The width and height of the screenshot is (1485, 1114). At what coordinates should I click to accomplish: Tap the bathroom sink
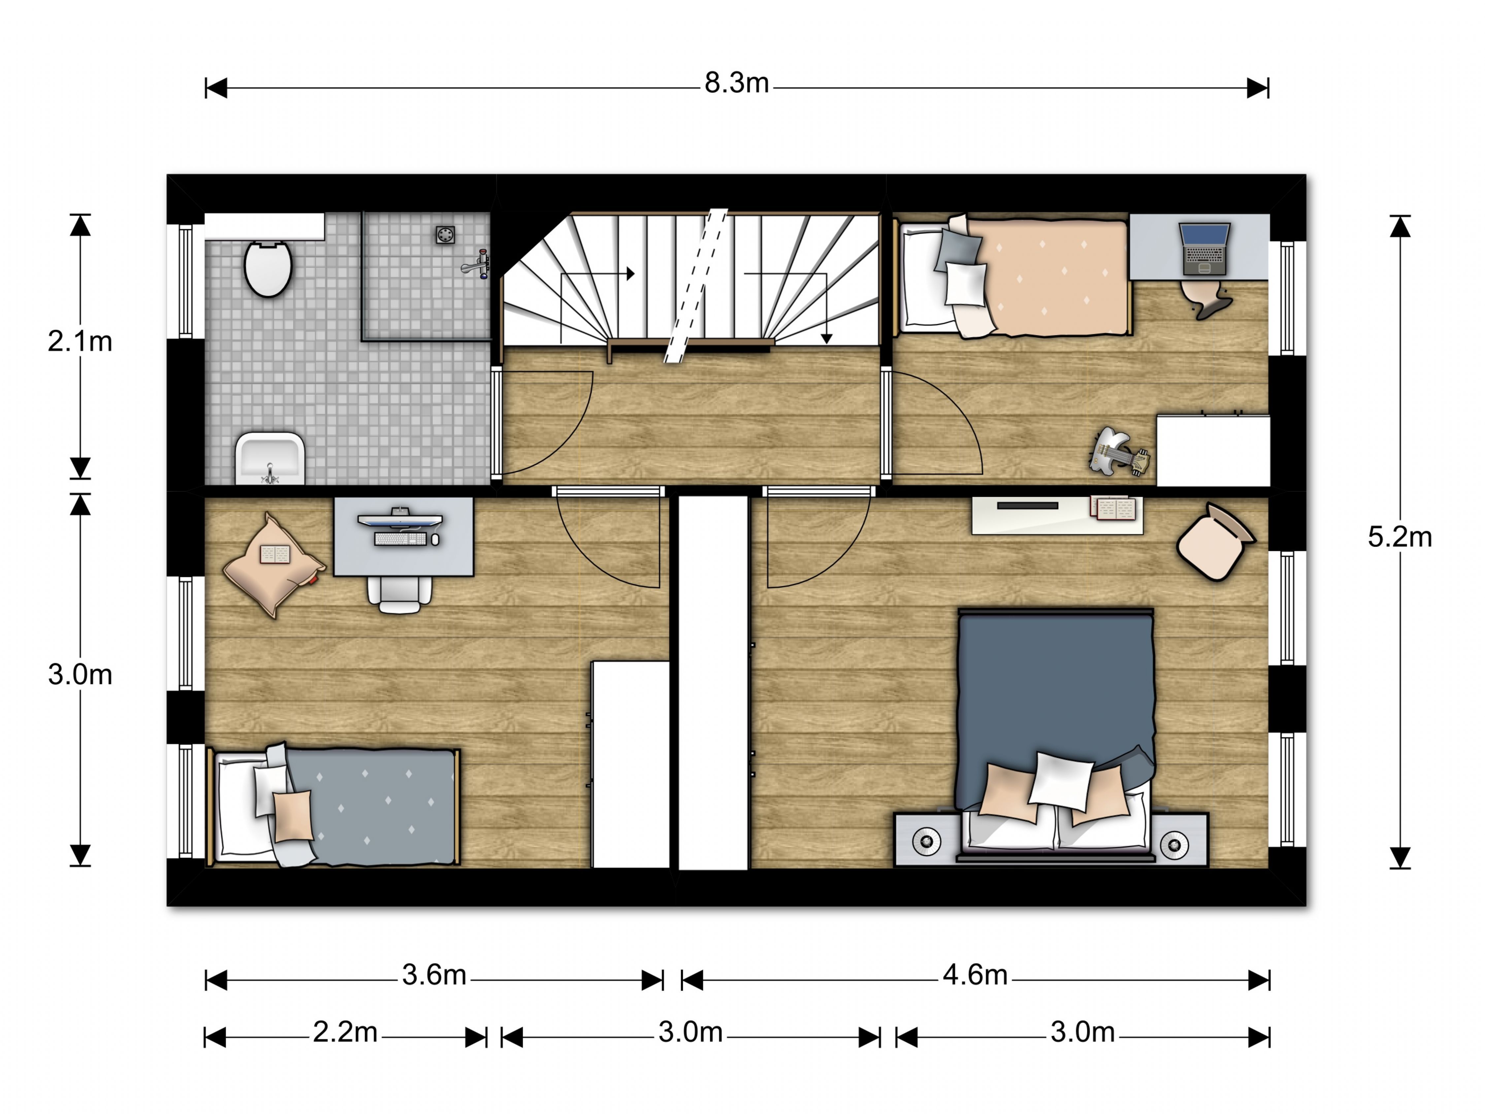point(270,458)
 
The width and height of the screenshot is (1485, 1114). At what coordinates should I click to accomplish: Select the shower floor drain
point(445,234)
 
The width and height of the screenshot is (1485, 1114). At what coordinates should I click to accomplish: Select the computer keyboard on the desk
point(400,539)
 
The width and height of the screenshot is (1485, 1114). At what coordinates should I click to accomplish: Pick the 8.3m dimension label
point(737,83)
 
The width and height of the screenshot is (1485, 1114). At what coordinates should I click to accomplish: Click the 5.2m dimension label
point(1400,537)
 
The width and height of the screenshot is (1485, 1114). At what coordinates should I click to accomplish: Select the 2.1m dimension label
point(80,342)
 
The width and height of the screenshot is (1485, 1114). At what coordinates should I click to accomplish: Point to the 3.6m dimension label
point(434,975)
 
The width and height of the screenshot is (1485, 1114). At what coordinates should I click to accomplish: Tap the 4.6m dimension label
point(975,975)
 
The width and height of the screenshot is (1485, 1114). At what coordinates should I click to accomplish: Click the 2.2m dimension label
point(345,1032)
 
